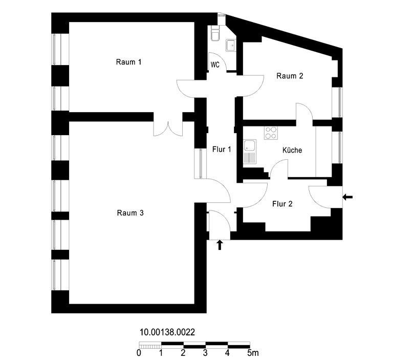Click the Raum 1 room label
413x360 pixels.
(128, 62)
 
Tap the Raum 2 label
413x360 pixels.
(290, 76)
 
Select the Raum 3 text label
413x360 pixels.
(130, 213)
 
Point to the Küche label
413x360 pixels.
(292, 150)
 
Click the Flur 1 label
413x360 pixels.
(222, 149)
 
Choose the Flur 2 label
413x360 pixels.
(282, 204)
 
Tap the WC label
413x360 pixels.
(215, 65)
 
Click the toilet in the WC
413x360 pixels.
(215, 33)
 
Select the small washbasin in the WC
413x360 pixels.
(231, 46)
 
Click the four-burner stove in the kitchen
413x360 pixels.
(271, 133)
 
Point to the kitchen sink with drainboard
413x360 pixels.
(249, 152)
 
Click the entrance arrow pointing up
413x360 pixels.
(220, 245)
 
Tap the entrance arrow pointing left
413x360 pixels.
(347, 197)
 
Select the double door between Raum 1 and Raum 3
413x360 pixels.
(168, 129)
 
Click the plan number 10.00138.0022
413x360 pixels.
(167, 332)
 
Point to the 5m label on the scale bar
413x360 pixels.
(253, 353)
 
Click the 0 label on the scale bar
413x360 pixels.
(139, 353)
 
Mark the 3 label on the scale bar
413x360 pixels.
(205, 353)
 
